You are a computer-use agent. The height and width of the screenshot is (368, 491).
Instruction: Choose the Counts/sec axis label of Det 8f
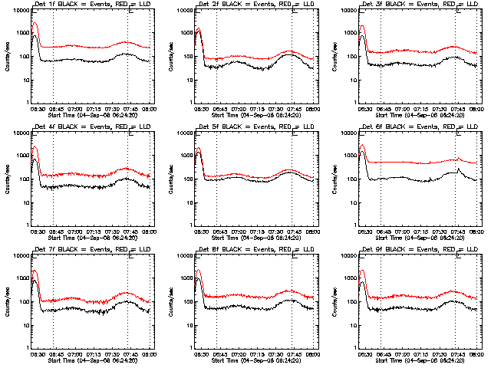pos(170,301)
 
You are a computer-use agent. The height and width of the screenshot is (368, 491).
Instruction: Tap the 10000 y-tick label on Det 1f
pos(18,11)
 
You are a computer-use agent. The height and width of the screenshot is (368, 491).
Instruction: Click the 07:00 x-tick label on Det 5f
pos(238,231)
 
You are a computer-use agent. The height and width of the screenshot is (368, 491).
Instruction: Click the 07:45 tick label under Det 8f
pos(294,353)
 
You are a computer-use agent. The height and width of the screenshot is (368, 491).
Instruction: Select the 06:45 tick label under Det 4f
pos(55,231)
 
